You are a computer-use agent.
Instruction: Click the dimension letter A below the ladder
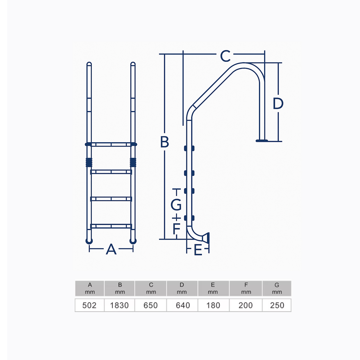[111, 249]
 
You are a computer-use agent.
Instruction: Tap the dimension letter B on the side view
[164, 142]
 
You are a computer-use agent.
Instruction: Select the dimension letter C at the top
[225, 56]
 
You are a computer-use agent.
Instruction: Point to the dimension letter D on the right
[278, 103]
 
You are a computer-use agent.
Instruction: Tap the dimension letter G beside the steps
[176, 205]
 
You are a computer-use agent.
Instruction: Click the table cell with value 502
[89, 305]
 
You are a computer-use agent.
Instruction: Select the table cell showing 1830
[119, 305]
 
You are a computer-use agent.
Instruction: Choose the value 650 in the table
[151, 305]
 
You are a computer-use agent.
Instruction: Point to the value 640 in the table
[183, 305]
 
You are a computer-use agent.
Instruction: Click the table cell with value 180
[213, 305]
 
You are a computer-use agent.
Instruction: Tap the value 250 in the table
[277, 305]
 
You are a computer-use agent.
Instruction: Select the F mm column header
[246, 288]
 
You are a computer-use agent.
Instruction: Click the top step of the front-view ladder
[111, 145]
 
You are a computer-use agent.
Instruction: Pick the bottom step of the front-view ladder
[111, 226]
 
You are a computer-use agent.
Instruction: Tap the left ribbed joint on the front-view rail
[89, 162]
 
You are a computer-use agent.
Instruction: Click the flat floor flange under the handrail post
[262, 140]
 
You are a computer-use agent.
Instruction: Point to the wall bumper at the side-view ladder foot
[206, 238]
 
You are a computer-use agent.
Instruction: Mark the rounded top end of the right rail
[133, 64]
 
